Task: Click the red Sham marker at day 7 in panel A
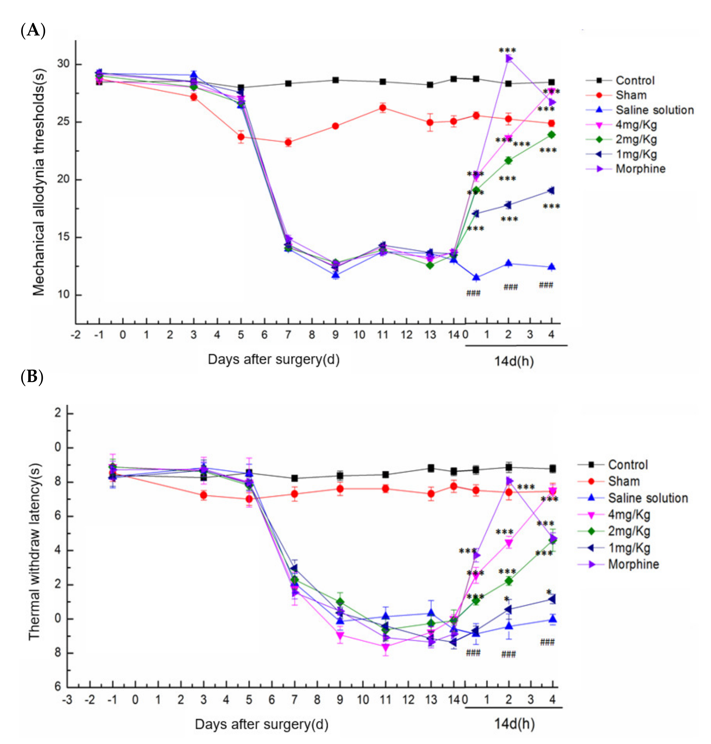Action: pyautogui.click(x=288, y=142)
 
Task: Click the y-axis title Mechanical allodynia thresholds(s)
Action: pyautogui.click(x=39, y=182)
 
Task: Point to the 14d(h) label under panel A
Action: pyautogui.click(x=514, y=361)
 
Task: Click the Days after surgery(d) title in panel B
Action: pyautogui.click(x=262, y=724)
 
